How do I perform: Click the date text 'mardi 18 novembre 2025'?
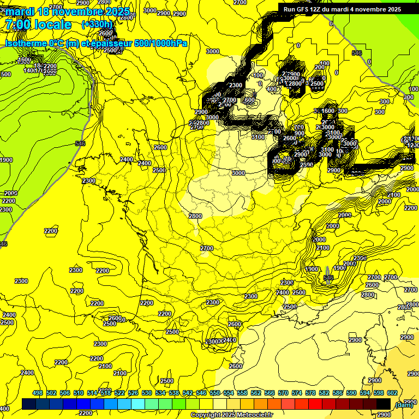[68, 11]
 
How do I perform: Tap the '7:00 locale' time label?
[38, 25]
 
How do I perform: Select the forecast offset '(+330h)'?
[97, 24]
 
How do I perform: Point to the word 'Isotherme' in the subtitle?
[27, 43]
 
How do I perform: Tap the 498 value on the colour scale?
[38, 393]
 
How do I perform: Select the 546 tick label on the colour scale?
[201, 393]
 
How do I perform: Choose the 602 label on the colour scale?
[392, 393]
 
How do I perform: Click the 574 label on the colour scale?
[297, 393]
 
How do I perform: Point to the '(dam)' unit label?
[403, 404]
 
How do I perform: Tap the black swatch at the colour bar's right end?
[383, 404]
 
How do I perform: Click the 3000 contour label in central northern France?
[238, 173]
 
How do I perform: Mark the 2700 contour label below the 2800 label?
[207, 248]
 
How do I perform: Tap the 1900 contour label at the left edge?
[6, 160]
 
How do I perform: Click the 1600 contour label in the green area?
[25, 60]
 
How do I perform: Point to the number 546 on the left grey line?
[80, 143]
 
